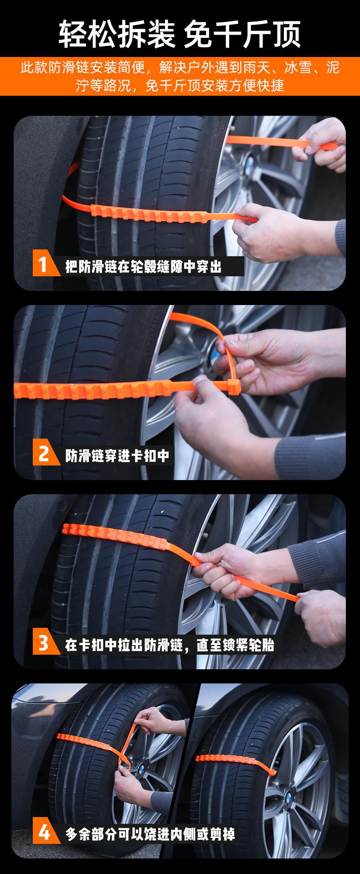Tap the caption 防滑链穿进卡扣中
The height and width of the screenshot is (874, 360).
[x=118, y=455]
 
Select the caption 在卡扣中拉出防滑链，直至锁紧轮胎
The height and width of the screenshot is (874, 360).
[x=170, y=645]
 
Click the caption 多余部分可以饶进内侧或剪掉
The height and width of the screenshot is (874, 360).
[x=150, y=834]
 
